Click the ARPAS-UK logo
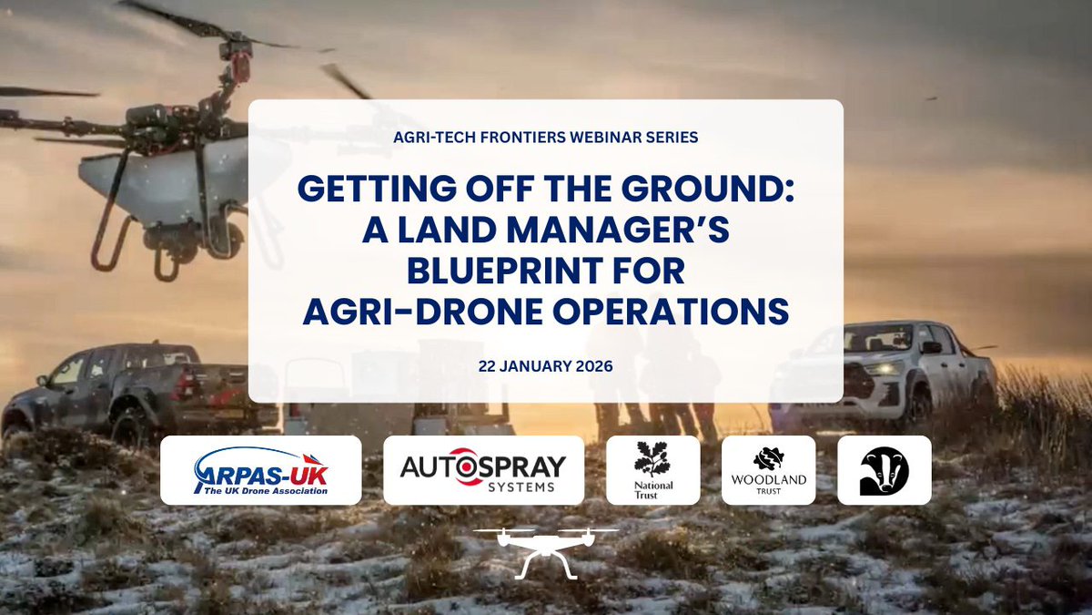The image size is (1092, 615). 261,470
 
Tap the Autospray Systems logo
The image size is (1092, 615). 483,470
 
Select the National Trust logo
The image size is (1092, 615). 652,470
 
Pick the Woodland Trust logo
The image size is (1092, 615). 768,470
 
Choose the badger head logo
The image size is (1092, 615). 884,470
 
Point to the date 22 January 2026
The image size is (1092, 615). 545,366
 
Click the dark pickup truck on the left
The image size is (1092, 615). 136,387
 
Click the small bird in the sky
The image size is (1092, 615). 931,97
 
